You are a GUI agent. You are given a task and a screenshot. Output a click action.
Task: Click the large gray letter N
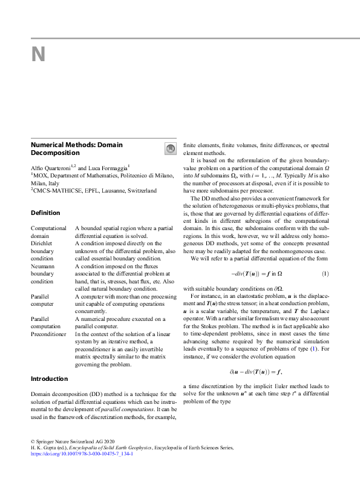click(x=38, y=55)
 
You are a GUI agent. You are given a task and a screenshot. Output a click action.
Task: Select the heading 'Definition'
click(x=45, y=213)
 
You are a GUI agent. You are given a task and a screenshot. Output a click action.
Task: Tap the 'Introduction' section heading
click(x=50, y=378)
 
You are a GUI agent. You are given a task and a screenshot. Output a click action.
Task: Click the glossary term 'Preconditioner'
click(x=48, y=334)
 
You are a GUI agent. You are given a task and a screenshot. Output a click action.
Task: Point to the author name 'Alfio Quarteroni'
click(x=51, y=167)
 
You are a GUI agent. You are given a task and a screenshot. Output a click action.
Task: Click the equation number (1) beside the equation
click(x=325, y=273)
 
